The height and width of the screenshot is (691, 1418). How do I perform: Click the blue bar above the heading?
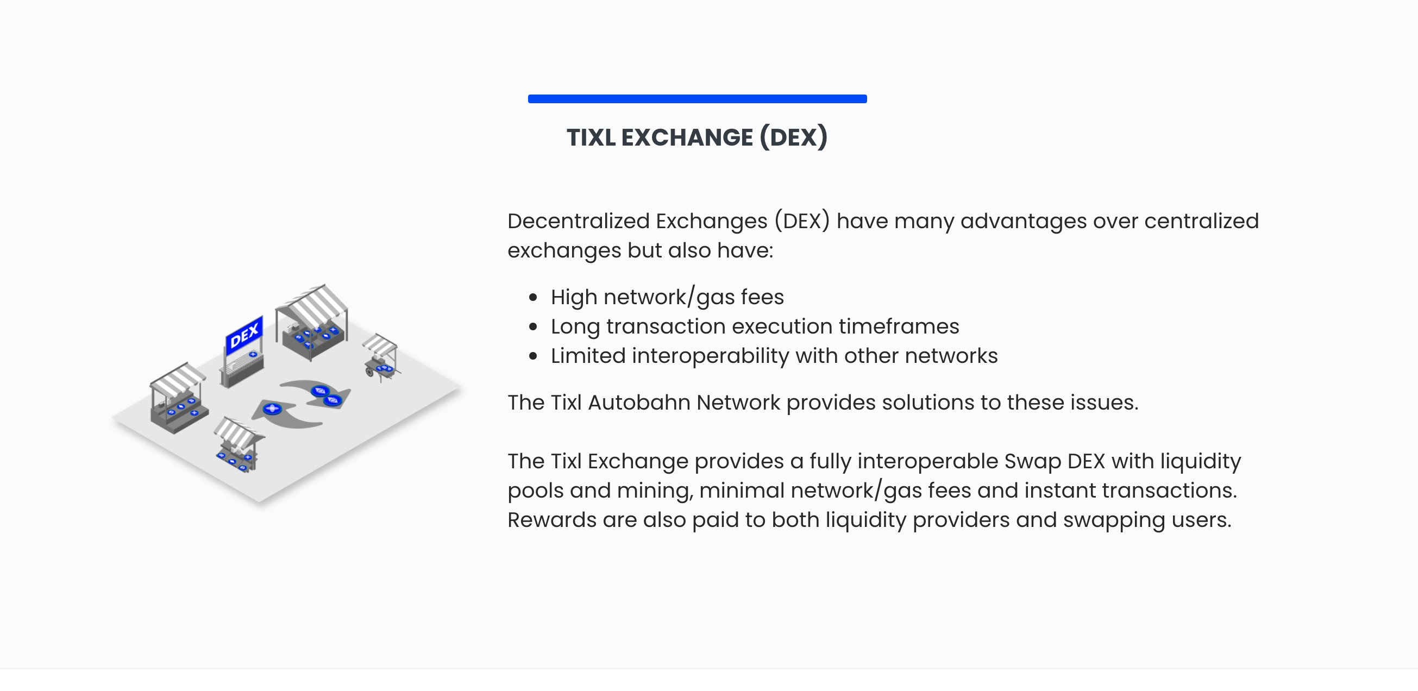(697, 98)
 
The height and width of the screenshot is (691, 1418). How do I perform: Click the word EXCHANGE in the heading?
(686, 137)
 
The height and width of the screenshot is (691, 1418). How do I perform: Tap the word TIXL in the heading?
(591, 137)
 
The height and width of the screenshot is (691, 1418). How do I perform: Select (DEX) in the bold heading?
(793, 137)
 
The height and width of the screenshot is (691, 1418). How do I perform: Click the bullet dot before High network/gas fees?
(532, 298)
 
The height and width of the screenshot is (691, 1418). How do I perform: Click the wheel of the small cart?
(369, 372)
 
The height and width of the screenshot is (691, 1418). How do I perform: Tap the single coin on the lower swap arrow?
(272, 409)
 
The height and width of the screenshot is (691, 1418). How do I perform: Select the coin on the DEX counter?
(253, 354)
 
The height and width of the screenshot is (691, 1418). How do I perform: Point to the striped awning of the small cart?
(380, 344)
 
